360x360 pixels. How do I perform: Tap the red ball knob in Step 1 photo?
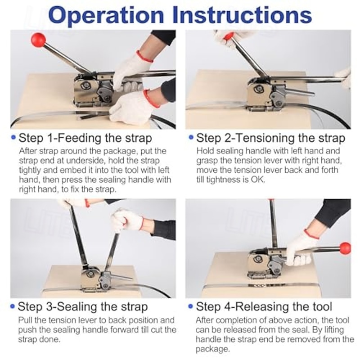(x=38, y=40)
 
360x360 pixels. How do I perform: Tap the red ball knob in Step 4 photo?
(x=345, y=248)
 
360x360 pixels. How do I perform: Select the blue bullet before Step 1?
(x=13, y=137)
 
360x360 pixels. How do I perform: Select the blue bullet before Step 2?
(x=191, y=137)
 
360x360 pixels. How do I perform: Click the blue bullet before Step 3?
(x=13, y=306)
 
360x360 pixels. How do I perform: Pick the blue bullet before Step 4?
(x=190, y=306)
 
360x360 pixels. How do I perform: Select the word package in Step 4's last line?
(x=212, y=349)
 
